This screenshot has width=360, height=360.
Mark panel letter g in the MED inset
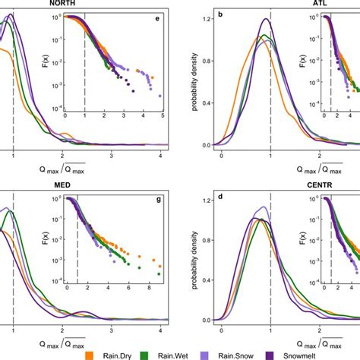click(x=158, y=199)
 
